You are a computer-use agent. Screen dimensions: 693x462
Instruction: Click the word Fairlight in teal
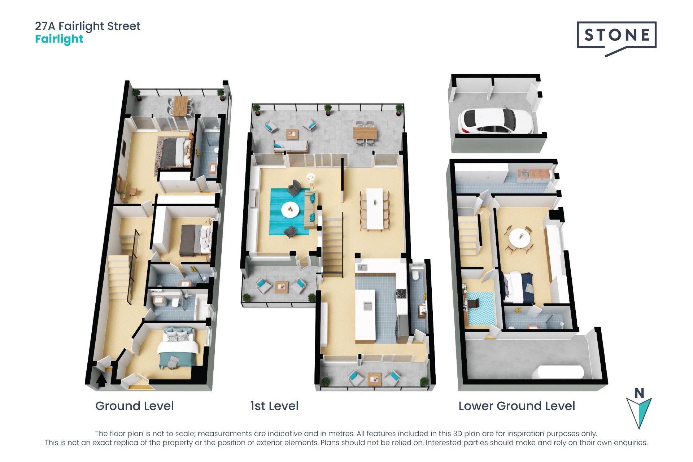(x=59, y=39)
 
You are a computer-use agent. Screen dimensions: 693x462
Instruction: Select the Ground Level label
(x=134, y=406)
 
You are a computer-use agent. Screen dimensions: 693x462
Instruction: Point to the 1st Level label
(x=274, y=406)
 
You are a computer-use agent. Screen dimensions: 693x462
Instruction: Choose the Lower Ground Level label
(x=517, y=406)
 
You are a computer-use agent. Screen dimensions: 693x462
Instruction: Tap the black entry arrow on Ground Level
(x=101, y=380)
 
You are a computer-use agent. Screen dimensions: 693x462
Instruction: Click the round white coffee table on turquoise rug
(x=290, y=210)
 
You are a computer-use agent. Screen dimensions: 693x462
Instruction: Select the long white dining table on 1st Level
(x=375, y=209)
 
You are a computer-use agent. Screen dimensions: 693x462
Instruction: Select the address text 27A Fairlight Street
(x=88, y=26)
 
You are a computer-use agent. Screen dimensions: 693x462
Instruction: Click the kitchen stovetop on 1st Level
(x=402, y=294)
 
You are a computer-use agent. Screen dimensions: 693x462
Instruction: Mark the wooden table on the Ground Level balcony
(x=180, y=105)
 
